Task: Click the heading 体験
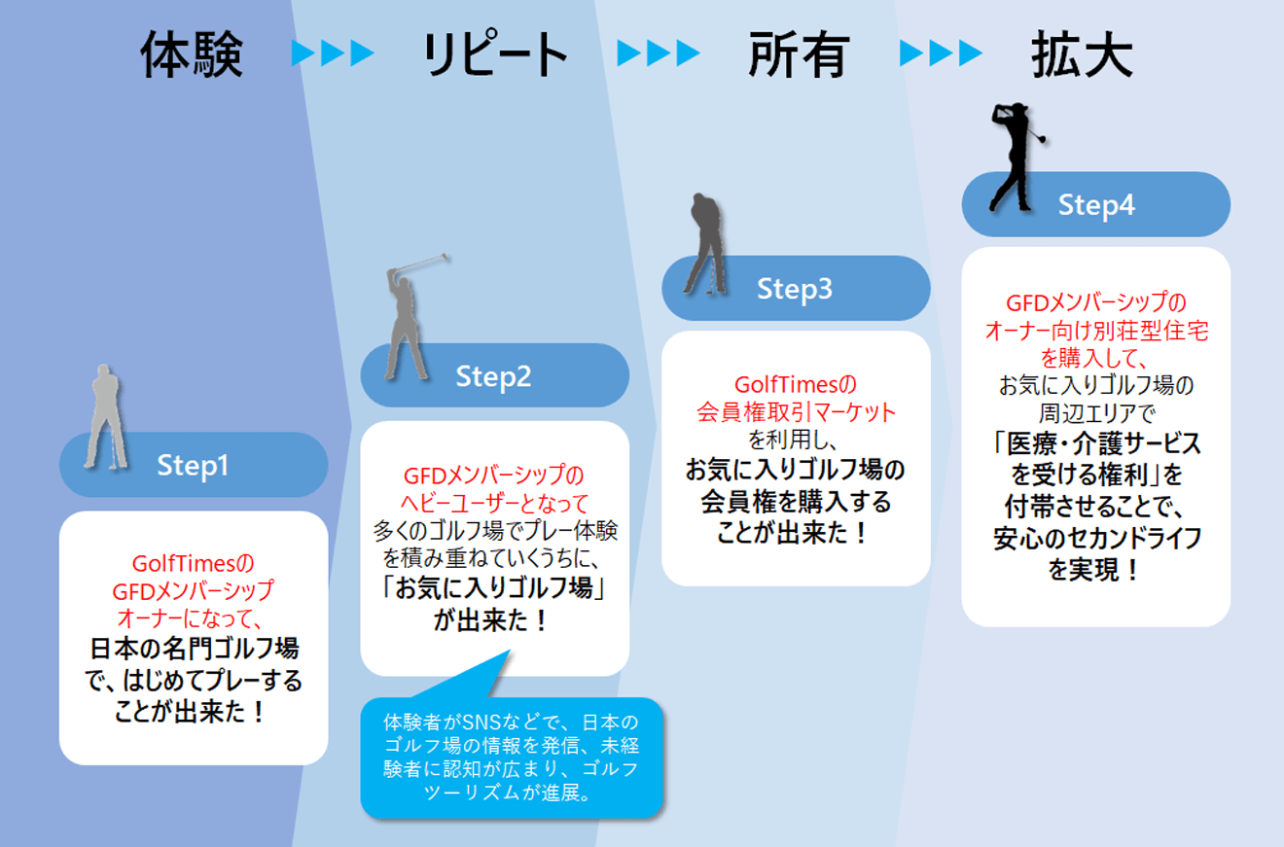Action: point(191,53)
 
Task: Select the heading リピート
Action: point(495,53)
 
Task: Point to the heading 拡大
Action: point(1082,53)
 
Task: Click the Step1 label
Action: point(193,466)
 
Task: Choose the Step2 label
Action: point(494,376)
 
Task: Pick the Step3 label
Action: point(795,289)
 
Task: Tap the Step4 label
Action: point(1096,205)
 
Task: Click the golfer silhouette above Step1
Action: point(104,415)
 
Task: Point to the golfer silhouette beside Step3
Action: point(705,241)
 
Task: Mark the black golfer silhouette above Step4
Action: point(1013,156)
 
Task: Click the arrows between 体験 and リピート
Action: point(333,53)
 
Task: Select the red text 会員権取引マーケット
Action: point(796,411)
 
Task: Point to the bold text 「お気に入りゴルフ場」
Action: point(494,589)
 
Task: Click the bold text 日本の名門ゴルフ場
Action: point(194,649)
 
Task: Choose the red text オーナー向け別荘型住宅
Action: point(1096,331)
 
